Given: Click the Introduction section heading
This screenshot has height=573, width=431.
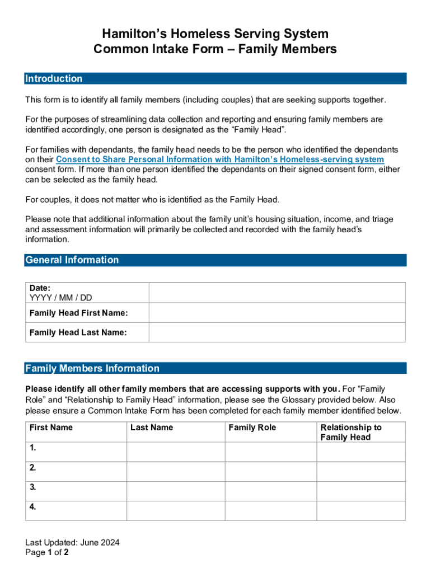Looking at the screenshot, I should coord(54,79).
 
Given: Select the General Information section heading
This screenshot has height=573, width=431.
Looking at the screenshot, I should coord(72,260).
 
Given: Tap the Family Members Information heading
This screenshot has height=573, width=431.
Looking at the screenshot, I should coord(92,368).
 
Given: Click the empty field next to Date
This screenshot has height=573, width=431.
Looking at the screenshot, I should coord(277,293).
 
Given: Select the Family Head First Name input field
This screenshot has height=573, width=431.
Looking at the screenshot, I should coord(277,313).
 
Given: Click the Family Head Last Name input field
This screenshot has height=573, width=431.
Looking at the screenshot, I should coord(277,332).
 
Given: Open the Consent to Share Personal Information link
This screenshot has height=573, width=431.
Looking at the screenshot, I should coord(219,159).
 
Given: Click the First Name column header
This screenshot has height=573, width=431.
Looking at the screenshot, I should coord(51,428).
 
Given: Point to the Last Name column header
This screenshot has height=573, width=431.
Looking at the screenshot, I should coord(152,428).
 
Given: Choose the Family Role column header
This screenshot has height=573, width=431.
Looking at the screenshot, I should coord(252,428).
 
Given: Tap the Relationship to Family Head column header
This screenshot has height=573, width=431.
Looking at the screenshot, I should coord(350,432).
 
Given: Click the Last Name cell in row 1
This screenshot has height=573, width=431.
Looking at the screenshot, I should coord(176,452).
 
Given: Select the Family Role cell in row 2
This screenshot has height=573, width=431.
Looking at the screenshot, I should coord(271,471).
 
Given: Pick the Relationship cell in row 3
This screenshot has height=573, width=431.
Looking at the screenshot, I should coord(361,491).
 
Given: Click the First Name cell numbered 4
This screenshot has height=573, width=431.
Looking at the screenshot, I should coord(76,510).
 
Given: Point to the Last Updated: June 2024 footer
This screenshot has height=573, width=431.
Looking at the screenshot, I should coord(72,543).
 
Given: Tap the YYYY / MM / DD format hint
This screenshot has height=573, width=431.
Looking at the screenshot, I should coord(60,298).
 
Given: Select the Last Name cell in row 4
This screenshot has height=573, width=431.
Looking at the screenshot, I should coord(176,510).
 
